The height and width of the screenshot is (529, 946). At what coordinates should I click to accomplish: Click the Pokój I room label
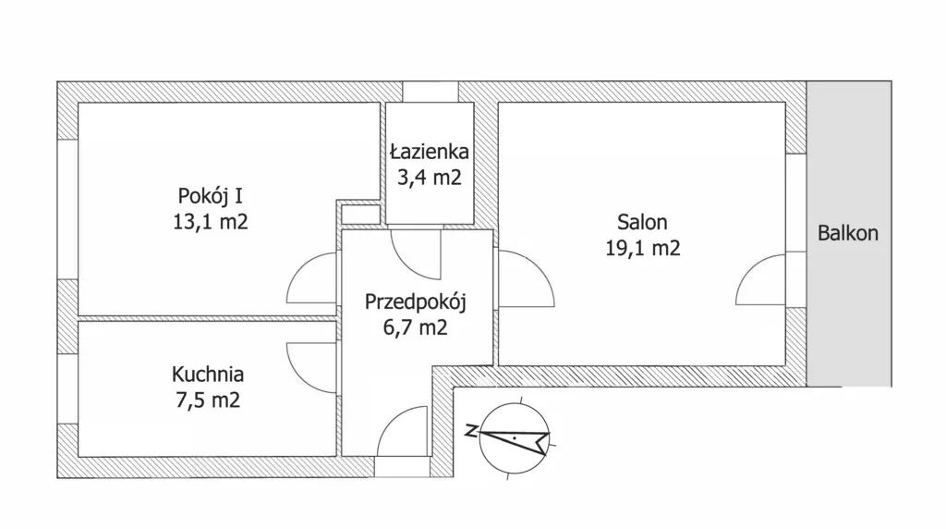[x=210, y=196]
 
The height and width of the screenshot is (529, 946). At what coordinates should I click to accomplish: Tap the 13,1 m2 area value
[x=210, y=222]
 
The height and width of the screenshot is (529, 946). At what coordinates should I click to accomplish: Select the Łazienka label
[x=429, y=151]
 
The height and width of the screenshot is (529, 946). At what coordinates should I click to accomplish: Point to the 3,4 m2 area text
[x=429, y=178]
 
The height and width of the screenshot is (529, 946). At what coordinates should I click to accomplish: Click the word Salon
[x=642, y=222]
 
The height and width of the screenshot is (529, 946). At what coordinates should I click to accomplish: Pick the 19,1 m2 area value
[x=643, y=248]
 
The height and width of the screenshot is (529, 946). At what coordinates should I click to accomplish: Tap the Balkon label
[x=848, y=233]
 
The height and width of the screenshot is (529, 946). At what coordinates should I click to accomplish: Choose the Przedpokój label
[x=415, y=301]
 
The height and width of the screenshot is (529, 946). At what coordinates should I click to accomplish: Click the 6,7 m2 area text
[x=415, y=328]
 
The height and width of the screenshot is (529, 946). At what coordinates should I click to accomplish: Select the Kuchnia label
[x=208, y=375]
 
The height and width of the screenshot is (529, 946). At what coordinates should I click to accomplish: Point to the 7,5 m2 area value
[x=208, y=400]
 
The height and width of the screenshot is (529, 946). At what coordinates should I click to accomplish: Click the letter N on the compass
[x=471, y=431]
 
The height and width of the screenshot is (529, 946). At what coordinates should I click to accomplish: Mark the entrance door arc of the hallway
[x=390, y=420]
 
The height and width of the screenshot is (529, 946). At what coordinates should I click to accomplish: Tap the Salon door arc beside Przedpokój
[x=541, y=265]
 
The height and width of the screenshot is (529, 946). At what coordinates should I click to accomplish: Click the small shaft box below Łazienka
[x=361, y=215]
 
